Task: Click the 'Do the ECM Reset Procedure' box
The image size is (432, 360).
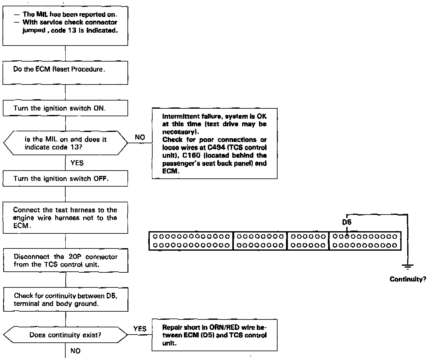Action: point(65,73)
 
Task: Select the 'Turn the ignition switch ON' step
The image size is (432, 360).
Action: point(65,108)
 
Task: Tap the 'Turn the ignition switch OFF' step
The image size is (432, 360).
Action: point(65,178)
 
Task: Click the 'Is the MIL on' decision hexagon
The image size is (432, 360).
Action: point(65,143)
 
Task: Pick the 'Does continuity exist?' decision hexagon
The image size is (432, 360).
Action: point(65,335)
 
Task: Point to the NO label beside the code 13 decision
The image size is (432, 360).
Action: point(140,137)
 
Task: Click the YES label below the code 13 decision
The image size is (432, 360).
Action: point(77,163)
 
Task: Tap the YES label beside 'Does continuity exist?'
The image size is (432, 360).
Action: point(140,329)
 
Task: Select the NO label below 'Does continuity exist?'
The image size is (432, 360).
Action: point(75,351)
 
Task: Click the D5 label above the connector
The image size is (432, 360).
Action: point(347,222)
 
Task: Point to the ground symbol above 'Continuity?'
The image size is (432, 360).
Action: point(408,267)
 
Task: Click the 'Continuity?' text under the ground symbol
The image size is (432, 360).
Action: point(408,279)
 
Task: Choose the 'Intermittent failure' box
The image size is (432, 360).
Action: point(214,144)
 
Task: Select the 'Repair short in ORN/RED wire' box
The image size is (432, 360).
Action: point(214,335)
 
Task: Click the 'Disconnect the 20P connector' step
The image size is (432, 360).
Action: point(65,260)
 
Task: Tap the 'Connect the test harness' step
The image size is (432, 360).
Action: point(65,218)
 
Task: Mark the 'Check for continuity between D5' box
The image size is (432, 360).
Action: point(65,300)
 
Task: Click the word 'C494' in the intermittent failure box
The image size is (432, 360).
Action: point(217,148)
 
